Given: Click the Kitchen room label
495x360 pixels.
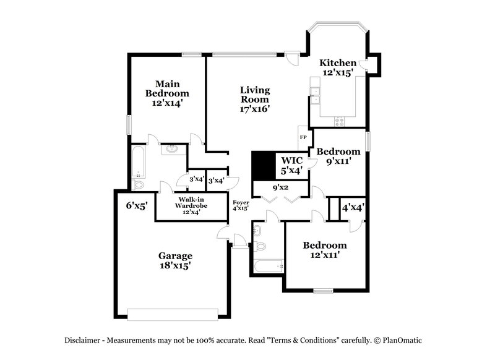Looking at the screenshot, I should [x=337, y=67].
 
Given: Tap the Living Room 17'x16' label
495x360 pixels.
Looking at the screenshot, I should [x=255, y=99].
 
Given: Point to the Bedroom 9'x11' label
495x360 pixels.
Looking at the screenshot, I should [x=338, y=156].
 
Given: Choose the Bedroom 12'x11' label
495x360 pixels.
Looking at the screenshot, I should [x=324, y=249].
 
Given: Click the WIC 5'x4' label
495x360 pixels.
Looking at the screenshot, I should [x=291, y=165].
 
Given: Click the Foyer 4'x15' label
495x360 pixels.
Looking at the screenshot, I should [x=240, y=205].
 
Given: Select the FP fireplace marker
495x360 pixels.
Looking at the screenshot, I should [x=303, y=137].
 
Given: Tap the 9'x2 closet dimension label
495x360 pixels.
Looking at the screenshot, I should [x=282, y=187].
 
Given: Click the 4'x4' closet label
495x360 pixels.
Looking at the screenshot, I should [x=353, y=208].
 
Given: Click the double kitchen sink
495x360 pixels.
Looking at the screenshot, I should [x=314, y=95].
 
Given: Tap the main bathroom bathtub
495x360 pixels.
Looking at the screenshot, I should [x=138, y=162].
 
